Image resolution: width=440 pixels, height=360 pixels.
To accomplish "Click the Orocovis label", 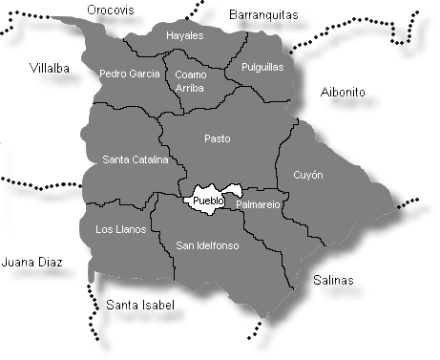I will coord(111,10).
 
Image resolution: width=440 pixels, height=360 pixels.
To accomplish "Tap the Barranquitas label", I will coord(264,14).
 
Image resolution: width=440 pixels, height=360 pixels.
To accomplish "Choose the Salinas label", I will coord(333,280).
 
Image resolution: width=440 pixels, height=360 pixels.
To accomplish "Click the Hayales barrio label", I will coord(185,35).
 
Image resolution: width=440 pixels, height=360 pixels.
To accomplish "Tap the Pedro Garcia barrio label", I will coord(130,73).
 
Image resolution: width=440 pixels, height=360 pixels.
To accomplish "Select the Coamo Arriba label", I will coord(190,77).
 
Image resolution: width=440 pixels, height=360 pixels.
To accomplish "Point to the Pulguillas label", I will coord(262,68).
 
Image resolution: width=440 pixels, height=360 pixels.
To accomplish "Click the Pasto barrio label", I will coord(218,138).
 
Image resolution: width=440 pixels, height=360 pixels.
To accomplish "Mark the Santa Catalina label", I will coord(135,159).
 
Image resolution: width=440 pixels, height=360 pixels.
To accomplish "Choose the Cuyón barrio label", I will coord(307,176).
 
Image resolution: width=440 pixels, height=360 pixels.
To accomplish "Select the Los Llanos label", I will coord(121,229).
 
